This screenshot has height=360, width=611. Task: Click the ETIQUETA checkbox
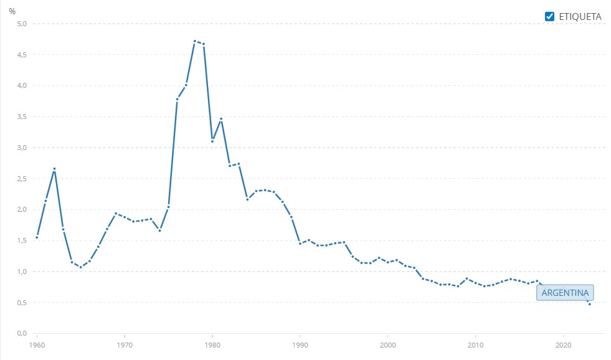[x=549, y=17]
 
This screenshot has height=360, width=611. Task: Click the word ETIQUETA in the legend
[x=580, y=17]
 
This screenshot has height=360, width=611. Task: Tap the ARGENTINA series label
[x=566, y=293]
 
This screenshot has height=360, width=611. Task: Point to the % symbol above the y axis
[x=12, y=11]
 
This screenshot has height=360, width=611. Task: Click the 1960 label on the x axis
[x=37, y=344]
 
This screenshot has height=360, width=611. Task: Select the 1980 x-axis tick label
[x=212, y=344]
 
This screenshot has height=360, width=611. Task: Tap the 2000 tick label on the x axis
[x=388, y=344]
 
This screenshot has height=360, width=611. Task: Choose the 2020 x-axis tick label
[x=564, y=344]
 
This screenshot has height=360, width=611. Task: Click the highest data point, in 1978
[x=195, y=41]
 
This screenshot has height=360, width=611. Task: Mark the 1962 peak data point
[x=54, y=169]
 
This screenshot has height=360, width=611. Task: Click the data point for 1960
[x=37, y=237]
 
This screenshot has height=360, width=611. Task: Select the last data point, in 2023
[x=590, y=304]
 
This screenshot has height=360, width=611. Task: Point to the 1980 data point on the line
[x=212, y=141]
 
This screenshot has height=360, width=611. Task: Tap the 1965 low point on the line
[x=80, y=267]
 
